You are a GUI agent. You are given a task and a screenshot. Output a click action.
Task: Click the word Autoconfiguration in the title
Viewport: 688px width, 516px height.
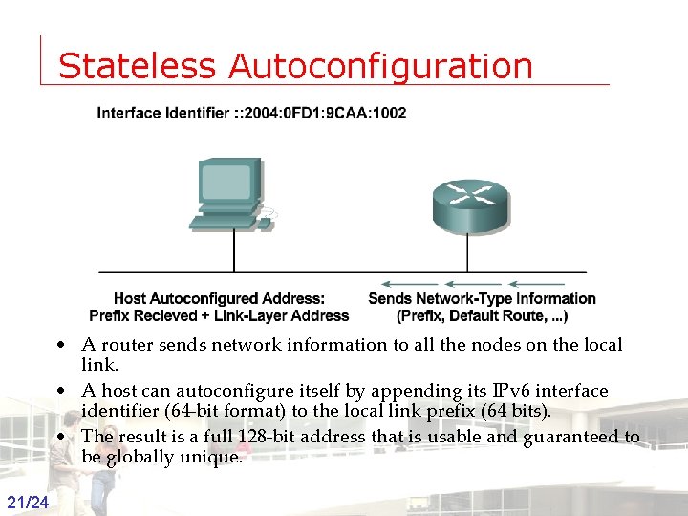(x=380, y=67)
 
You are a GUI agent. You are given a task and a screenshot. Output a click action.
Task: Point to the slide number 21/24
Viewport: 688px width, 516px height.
(x=28, y=503)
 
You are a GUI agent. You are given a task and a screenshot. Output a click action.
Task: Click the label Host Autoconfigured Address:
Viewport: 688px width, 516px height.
(x=219, y=299)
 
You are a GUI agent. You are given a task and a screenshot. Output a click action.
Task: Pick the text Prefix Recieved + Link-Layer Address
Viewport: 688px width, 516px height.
(x=219, y=315)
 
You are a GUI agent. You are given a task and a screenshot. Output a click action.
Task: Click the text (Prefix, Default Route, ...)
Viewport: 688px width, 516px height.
(x=483, y=315)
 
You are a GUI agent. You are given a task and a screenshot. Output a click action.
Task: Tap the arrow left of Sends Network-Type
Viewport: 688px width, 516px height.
(x=402, y=283)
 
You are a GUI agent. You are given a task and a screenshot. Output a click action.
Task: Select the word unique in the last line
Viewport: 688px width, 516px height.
(x=212, y=457)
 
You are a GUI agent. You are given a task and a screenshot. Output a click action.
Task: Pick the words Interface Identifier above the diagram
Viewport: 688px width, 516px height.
(x=162, y=113)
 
